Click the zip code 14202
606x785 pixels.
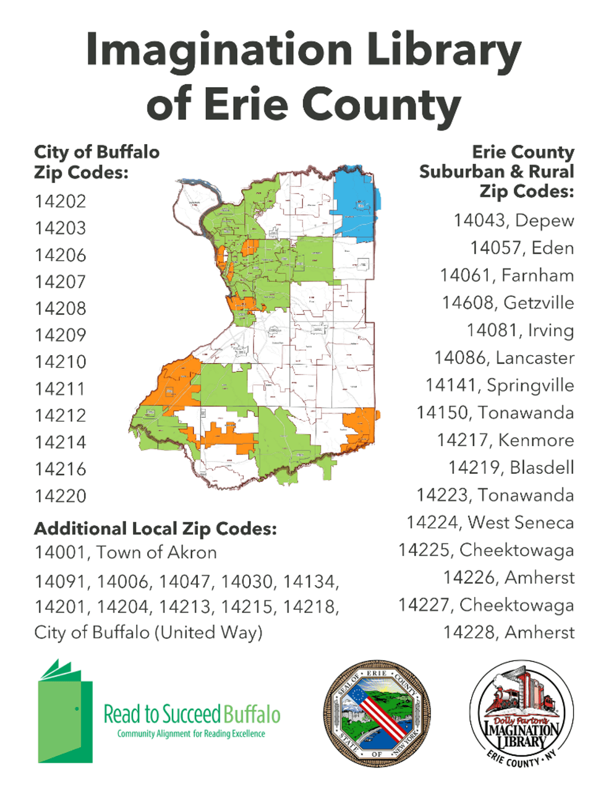(61, 202)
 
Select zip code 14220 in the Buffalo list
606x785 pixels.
(61, 496)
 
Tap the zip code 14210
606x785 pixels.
(61, 362)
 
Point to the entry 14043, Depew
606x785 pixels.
(513, 221)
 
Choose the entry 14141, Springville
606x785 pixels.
(499, 385)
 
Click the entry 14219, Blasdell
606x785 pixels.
(511, 468)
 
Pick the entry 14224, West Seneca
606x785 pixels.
(490, 523)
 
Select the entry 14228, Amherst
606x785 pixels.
(508, 632)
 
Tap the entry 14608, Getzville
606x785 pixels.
(507, 303)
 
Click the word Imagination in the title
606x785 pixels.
(219, 49)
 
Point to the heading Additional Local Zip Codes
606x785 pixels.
(155, 529)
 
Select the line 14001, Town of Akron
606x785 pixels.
(126, 552)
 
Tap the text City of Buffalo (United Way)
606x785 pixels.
(148, 632)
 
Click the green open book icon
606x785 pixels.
(65, 711)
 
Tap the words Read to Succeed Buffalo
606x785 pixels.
(192, 714)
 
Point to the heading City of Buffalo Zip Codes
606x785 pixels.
(96, 161)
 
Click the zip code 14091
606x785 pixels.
(61, 582)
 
